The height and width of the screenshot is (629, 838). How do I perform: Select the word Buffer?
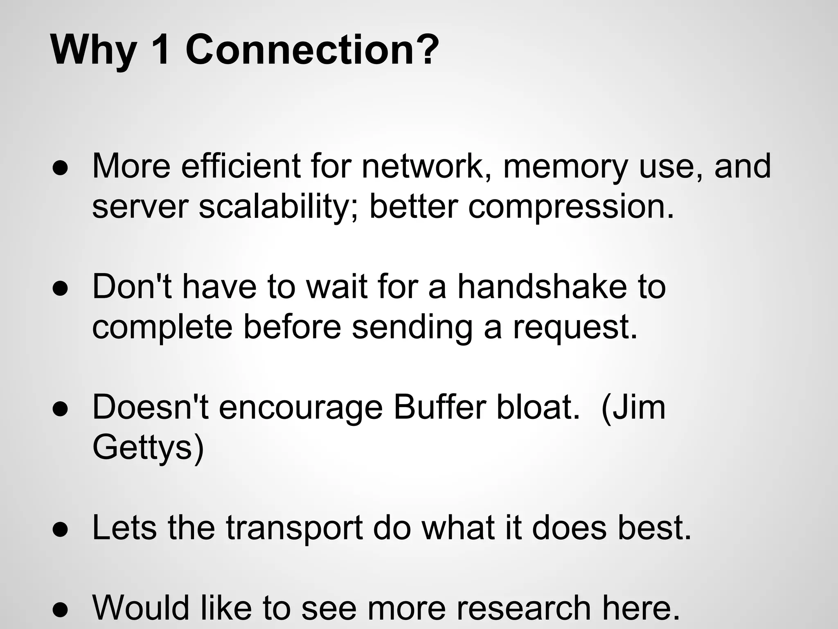pos(439,407)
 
